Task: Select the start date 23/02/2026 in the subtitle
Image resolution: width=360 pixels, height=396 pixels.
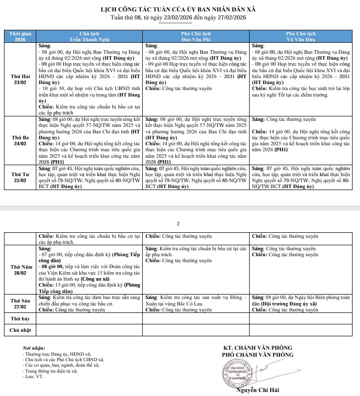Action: (179, 17)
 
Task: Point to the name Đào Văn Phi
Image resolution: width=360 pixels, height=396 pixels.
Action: (197, 39)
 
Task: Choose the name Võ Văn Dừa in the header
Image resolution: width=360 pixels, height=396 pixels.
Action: (304, 39)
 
